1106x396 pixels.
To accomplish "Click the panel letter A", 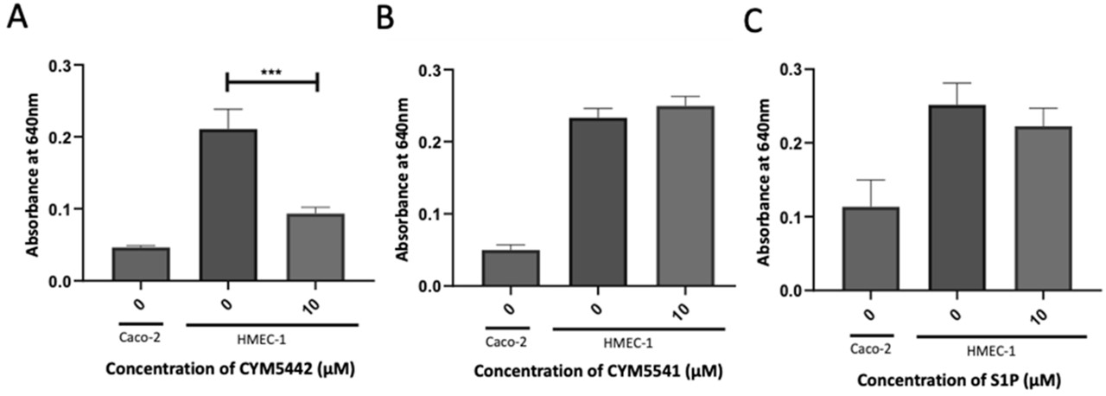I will point(18,18).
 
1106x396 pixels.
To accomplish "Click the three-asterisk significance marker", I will point(272,72).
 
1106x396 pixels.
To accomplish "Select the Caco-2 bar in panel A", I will point(141,265).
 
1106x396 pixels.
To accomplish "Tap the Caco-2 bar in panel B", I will point(510,268).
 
